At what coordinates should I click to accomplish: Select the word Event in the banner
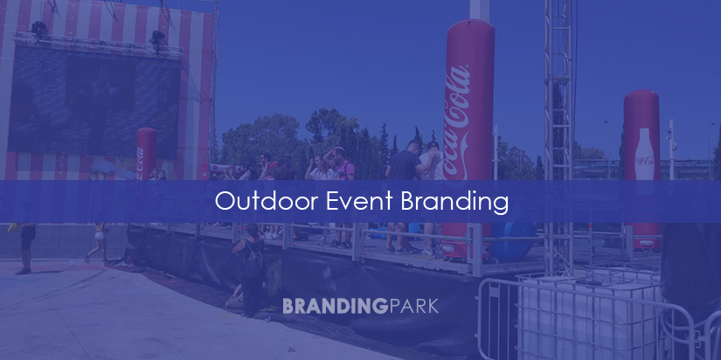(344, 202)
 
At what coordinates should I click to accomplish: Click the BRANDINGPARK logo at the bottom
(360, 306)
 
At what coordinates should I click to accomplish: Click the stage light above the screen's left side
(38, 30)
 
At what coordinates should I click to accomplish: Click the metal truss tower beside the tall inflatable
(558, 131)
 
